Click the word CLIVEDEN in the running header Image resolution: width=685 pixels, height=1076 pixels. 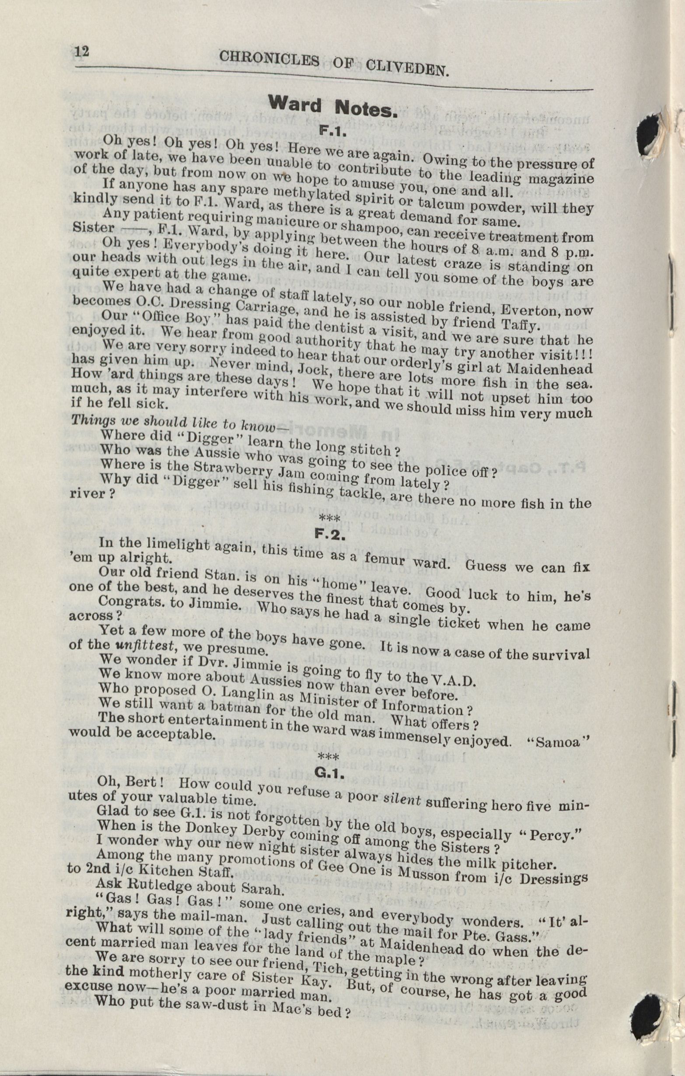click(407, 67)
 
